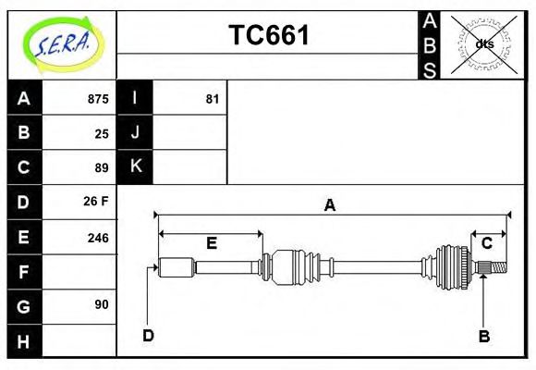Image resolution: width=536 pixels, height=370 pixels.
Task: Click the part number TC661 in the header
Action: (x=268, y=35)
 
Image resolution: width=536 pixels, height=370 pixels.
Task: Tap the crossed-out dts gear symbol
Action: (x=483, y=44)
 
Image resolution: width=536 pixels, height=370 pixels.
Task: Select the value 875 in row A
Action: (x=97, y=99)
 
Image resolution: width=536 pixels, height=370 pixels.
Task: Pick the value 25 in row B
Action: (x=101, y=133)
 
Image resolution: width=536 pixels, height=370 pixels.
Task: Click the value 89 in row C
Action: (x=101, y=167)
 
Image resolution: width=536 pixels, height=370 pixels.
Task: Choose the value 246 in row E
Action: (x=97, y=237)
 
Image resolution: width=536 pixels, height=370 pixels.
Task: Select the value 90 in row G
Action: (x=101, y=304)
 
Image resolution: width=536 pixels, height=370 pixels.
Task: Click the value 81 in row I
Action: (x=212, y=99)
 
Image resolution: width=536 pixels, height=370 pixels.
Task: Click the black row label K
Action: (x=135, y=167)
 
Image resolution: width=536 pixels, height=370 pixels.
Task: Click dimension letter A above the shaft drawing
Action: (x=329, y=206)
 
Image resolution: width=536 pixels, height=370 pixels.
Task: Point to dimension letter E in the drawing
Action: (x=211, y=243)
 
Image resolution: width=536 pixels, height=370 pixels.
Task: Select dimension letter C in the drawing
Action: (x=486, y=243)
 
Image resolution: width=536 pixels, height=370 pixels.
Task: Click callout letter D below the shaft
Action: (x=148, y=335)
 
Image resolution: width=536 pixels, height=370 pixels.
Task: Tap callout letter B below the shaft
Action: (x=483, y=336)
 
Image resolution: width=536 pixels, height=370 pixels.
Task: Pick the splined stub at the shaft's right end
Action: (x=495, y=268)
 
